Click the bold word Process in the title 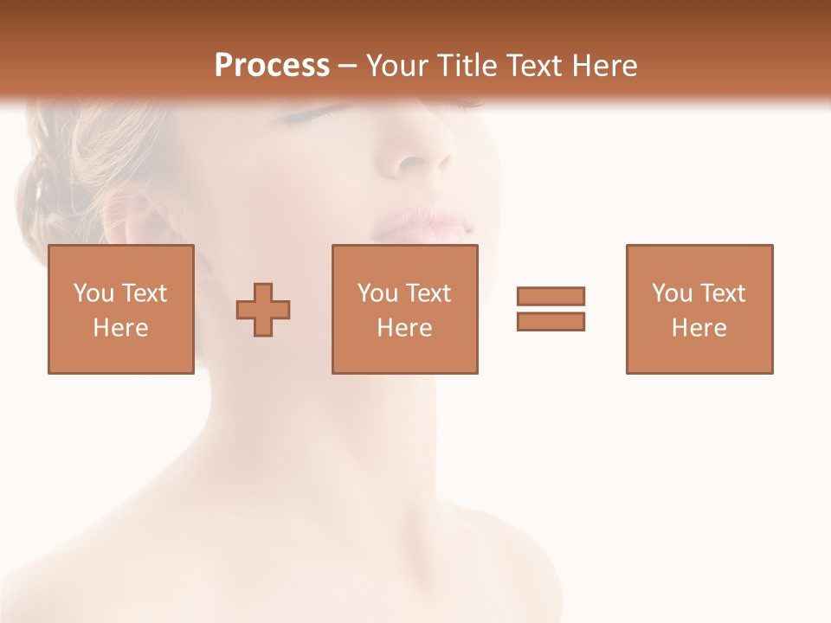(272, 66)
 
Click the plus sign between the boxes (263, 309)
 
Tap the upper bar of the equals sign (551, 296)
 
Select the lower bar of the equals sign (551, 322)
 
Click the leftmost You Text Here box (121, 309)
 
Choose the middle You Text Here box (404, 309)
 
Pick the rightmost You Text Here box (699, 309)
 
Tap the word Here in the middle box (404, 328)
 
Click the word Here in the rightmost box (699, 328)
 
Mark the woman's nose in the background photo (422, 156)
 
